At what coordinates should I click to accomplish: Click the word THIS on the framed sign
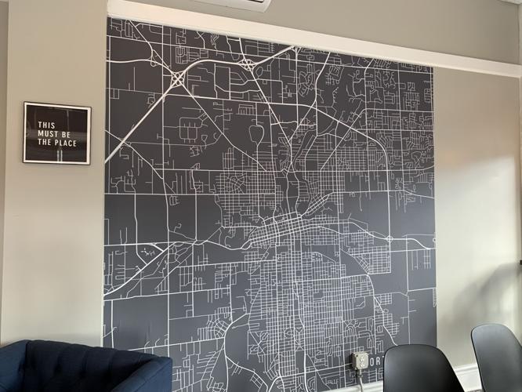pyautogui.click(x=47, y=124)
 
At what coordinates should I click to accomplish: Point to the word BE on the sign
pyautogui.click(x=66, y=133)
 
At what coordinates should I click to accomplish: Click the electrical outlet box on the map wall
pyautogui.click(x=360, y=361)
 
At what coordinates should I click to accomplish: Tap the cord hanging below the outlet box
pyautogui.click(x=360, y=380)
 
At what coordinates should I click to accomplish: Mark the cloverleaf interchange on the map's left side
pyautogui.click(x=178, y=78)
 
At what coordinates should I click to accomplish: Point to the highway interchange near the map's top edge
pyautogui.click(x=248, y=64)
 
